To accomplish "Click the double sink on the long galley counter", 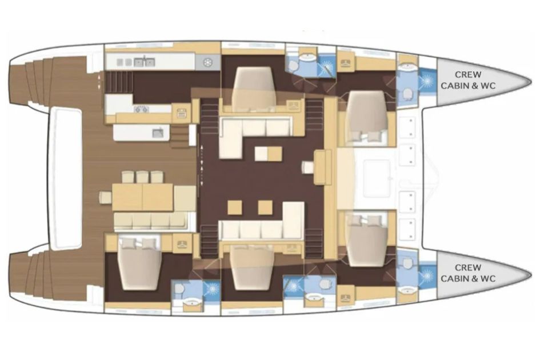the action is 144,62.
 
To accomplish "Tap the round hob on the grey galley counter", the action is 207,62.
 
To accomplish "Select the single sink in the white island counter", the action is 158,133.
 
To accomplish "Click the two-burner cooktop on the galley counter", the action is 141,109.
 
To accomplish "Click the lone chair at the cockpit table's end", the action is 105,197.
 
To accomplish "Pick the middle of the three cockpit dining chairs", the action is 142,177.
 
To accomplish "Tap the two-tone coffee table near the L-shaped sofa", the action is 268,153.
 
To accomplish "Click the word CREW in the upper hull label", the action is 468,74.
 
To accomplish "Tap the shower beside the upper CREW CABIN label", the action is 427,80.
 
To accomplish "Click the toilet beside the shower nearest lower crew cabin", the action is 408,265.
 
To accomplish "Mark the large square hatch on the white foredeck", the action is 377,178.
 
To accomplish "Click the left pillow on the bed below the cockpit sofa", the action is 128,243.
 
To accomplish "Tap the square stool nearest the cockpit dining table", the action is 234,207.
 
